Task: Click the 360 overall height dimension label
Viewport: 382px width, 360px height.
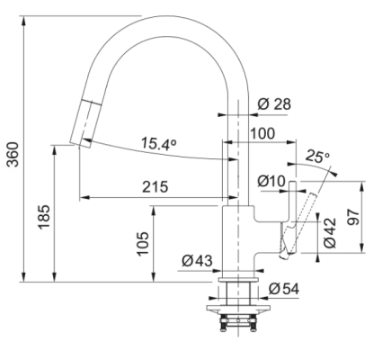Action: (13, 154)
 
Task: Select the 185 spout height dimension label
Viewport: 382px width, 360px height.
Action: (44, 217)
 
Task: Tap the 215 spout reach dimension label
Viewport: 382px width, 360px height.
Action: (155, 187)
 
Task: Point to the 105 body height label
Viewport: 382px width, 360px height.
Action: (143, 244)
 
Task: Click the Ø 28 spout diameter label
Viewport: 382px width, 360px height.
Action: (274, 104)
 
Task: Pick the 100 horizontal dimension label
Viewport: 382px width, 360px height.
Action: (262, 133)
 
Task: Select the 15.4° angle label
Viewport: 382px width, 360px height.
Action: (158, 144)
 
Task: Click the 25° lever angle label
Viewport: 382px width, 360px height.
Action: (317, 157)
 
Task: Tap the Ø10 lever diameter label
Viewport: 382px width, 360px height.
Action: (271, 181)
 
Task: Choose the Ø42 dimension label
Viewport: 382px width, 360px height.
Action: (330, 233)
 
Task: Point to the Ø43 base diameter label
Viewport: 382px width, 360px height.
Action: (197, 260)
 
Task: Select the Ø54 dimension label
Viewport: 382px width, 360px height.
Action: (284, 289)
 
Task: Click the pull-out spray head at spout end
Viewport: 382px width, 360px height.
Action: (82, 123)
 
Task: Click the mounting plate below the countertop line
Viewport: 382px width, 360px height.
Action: (238, 308)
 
